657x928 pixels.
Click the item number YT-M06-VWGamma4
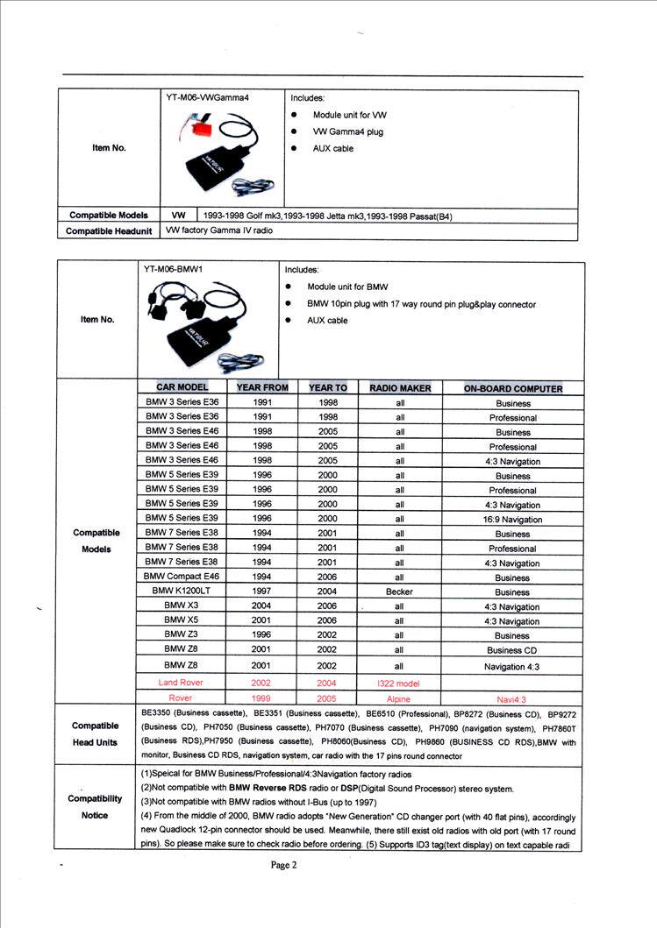(208, 98)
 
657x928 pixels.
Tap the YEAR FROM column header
(262, 387)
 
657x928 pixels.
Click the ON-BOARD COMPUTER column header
(513, 388)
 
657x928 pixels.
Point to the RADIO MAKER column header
(400, 387)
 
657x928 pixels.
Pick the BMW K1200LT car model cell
(181, 592)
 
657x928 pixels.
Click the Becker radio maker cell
(399, 592)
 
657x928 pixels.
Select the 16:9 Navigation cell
(513, 520)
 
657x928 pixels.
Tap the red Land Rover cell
(181, 682)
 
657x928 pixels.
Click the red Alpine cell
(398, 699)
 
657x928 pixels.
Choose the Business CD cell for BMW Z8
(512, 650)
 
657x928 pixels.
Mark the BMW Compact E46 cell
(181, 577)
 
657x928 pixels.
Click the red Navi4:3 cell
(512, 699)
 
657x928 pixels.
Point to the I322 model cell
(399, 683)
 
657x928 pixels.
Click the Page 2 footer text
(285, 865)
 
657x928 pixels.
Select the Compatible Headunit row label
(109, 232)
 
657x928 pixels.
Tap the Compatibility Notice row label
(95, 806)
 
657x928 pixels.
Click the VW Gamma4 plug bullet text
(348, 131)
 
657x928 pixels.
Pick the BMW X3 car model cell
(181, 606)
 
